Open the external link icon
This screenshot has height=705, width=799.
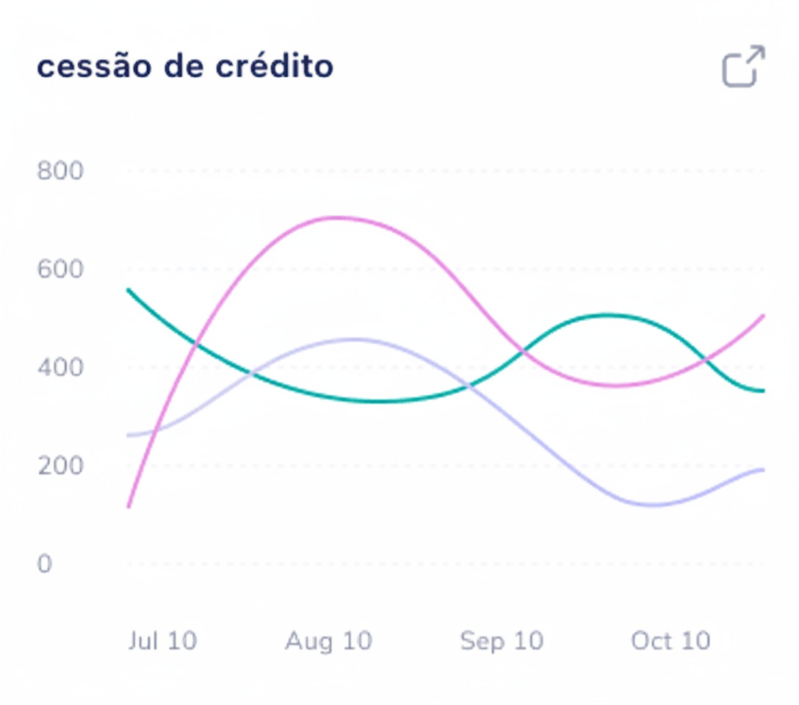[743, 67]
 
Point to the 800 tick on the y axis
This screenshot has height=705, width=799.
[60, 171]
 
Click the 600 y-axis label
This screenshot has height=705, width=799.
[60, 270]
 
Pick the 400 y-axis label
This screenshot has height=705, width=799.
[60, 367]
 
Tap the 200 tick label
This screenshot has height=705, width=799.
[60, 466]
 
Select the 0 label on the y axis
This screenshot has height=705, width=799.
[45, 564]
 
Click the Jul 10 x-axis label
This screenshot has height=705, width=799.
[162, 641]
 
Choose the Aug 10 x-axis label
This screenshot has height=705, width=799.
[328, 641]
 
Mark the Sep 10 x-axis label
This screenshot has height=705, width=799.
[502, 641]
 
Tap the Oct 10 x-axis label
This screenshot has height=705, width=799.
[670, 641]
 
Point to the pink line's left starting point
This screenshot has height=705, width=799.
[129, 507]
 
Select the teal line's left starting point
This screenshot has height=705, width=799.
[129, 289]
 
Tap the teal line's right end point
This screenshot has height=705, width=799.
[764, 391]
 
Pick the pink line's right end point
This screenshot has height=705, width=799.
[764, 316]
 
